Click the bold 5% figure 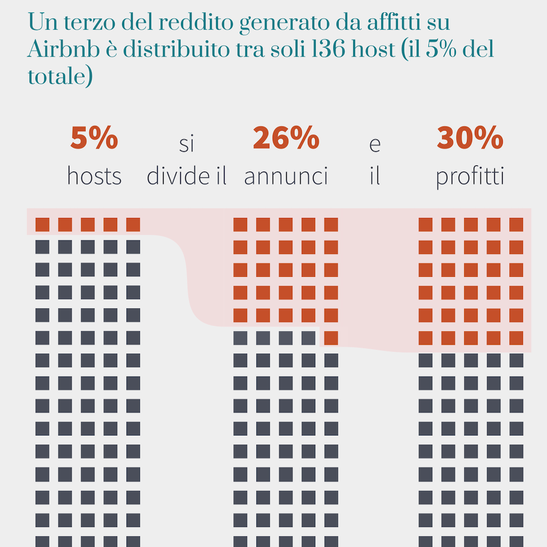(94, 138)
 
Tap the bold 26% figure (286, 138)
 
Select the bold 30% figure (470, 138)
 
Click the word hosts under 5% (94, 176)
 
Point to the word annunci (286, 176)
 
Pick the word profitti (470, 176)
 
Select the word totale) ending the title (60, 76)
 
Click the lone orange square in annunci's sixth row (331, 338)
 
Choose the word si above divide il (186, 144)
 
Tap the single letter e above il (375, 144)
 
